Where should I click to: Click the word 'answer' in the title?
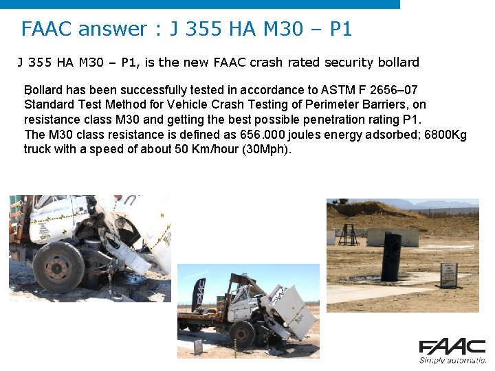pyautogui.click(x=112, y=29)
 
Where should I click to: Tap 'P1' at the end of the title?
pyautogui.click(x=341, y=29)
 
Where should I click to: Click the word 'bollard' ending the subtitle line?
pyautogui.click(x=397, y=63)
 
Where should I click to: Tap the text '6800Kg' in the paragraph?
pyautogui.click(x=445, y=135)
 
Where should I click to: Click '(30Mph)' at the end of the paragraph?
pyautogui.click(x=268, y=149)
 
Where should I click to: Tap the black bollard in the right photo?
pyautogui.click(x=391, y=256)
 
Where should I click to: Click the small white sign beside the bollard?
pyautogui.click(x=449, y=275)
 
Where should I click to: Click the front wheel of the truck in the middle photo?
pyautogui.click(x=242, y=335)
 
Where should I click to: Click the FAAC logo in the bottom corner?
pyautogui.click(x=452, y=347)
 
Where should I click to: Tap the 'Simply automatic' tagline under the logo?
pyautogui.click(x=452, y=360)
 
